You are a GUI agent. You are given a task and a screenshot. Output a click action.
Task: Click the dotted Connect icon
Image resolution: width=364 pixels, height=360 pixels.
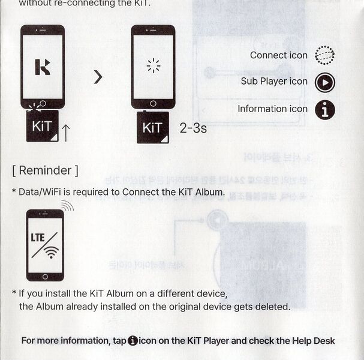coord(324,55)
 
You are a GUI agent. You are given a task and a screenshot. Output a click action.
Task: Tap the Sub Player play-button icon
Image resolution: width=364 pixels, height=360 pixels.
coord(324,82)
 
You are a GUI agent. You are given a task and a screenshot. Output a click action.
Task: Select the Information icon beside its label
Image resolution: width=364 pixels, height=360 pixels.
coord(324,109)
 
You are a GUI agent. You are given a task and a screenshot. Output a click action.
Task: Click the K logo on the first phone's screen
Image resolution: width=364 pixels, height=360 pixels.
coord(42,66)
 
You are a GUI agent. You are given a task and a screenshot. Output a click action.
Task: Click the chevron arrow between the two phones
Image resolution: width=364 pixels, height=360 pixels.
coord(98,77)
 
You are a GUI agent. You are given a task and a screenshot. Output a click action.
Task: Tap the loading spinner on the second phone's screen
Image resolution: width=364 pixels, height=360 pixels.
coord(154,66)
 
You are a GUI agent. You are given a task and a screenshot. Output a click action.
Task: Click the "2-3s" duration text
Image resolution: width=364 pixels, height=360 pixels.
coord(193,128)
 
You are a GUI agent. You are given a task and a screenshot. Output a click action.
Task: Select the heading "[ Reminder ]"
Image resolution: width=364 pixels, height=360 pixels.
coord(45,170)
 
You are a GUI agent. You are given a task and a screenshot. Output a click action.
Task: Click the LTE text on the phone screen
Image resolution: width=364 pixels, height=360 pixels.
coord(38,237)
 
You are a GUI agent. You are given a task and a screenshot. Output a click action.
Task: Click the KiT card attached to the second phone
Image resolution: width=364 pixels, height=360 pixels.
coord(153,128)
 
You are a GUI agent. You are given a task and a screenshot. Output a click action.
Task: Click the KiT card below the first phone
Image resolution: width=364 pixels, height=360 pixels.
coord(42,127)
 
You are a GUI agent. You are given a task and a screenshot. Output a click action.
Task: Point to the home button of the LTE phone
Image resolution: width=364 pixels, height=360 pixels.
coord(45,276)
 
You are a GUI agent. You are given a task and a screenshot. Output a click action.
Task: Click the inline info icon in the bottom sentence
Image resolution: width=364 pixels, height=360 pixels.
coord(133,341)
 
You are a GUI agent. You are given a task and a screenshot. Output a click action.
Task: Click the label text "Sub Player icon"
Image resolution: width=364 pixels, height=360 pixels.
coord(274,82)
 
